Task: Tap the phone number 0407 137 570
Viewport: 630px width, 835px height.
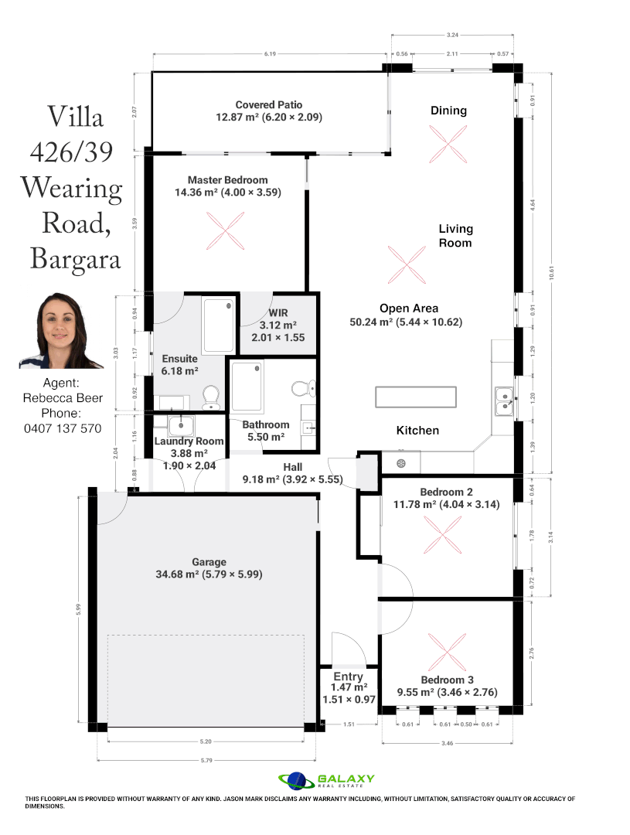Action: (x=63, y=428)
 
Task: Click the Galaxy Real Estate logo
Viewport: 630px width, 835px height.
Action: (x=327, y=780)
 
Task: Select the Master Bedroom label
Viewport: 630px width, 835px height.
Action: (x=227, y=180)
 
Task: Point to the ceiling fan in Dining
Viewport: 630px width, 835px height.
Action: (x=448, y=145)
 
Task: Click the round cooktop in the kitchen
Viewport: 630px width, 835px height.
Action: (x=401, y=463)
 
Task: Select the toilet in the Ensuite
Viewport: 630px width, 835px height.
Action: (x=209, y=397)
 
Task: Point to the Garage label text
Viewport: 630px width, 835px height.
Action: (x=209, y=562)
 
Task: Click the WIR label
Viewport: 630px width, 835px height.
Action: (x=278, y=314)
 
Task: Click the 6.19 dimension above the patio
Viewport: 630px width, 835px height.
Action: (x=269, y=54)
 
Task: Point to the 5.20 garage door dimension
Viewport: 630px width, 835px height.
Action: (x=206, y=741)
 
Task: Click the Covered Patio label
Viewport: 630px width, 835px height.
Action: (x=269, y=104)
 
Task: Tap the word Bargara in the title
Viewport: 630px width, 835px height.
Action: (x=75, y=258)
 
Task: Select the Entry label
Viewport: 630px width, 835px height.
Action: (x=348, y=677)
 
